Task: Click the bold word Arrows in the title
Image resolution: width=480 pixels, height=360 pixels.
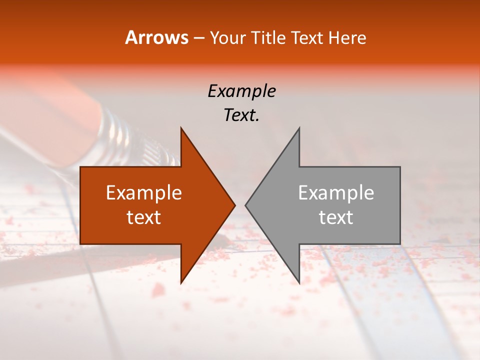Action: coord(156,37)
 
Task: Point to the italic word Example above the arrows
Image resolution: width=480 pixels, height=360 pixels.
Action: coord(241,91)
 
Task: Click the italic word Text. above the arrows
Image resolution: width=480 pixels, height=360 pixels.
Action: coord(241,115)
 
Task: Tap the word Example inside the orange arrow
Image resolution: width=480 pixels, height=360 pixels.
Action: coord(144,193)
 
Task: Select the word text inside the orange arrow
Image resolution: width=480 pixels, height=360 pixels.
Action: coord(144,217)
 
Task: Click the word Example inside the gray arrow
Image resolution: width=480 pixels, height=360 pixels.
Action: coord(336,193)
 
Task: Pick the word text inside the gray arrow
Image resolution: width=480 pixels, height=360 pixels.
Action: coord(336,217)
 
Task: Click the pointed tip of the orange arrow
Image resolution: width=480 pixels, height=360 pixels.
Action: coord(234,205)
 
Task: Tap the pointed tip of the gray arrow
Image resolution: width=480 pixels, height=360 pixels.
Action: coord(246,205)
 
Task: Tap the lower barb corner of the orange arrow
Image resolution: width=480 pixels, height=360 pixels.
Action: coord(181,282)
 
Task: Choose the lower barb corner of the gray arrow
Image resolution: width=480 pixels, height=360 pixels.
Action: coord(299,282)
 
